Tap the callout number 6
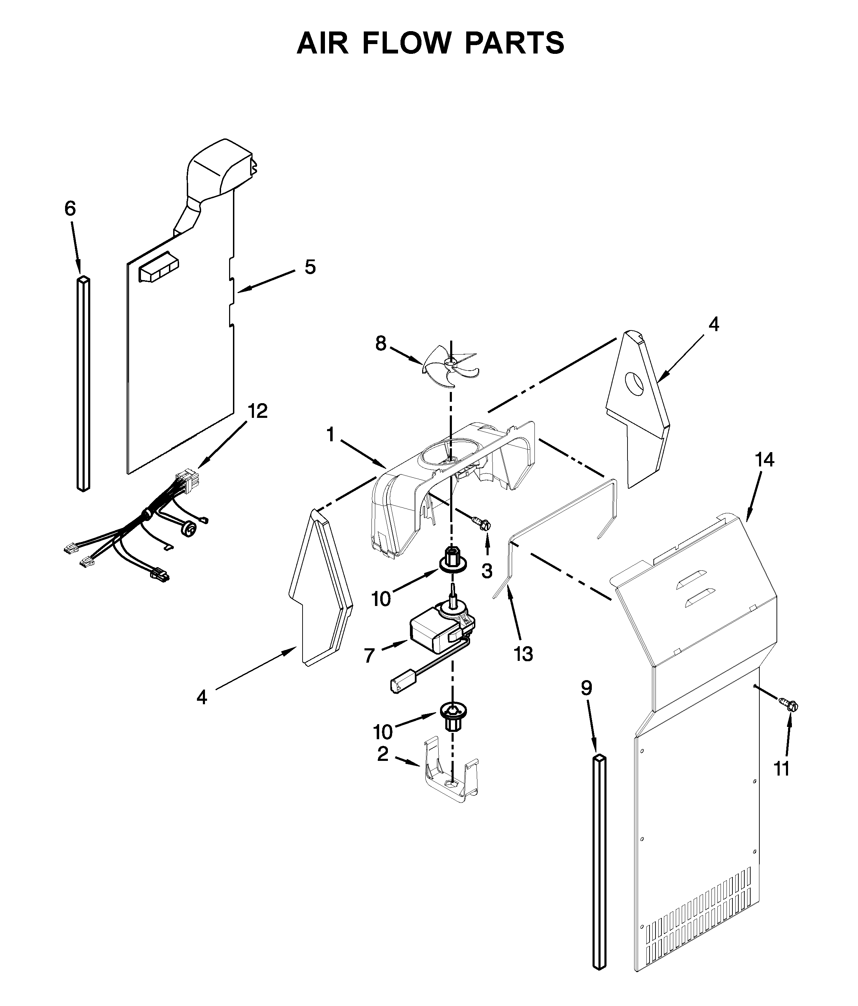coord(70,209)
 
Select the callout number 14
coord(764,459)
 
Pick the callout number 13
coord(524,655)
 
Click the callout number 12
coord(257,411)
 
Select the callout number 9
coord(587,688)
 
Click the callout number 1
coord(331,435)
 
